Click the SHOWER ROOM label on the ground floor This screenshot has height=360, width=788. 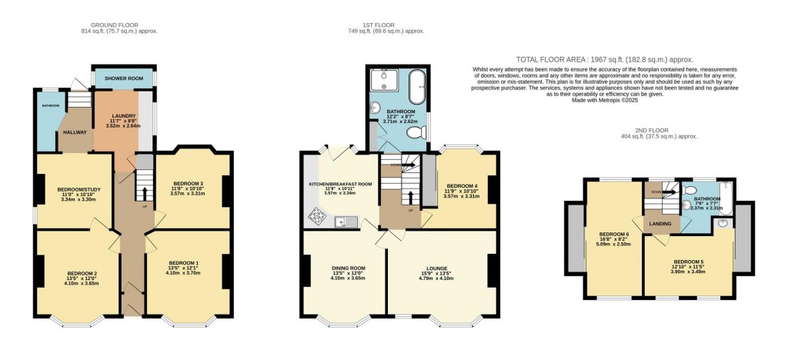[124, 78]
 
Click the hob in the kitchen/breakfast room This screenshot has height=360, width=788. [317, 217]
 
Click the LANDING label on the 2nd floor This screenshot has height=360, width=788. [660, 224]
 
